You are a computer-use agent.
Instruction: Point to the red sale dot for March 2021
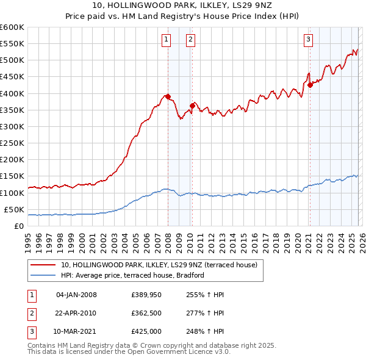(x=310, y=85)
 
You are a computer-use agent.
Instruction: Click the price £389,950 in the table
(x=146, y=295)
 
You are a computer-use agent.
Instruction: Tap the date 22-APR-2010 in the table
(x=76, y=313)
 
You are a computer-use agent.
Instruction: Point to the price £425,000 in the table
(x=146, y=331)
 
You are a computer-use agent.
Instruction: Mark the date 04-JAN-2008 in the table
(x=76, y=295)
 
